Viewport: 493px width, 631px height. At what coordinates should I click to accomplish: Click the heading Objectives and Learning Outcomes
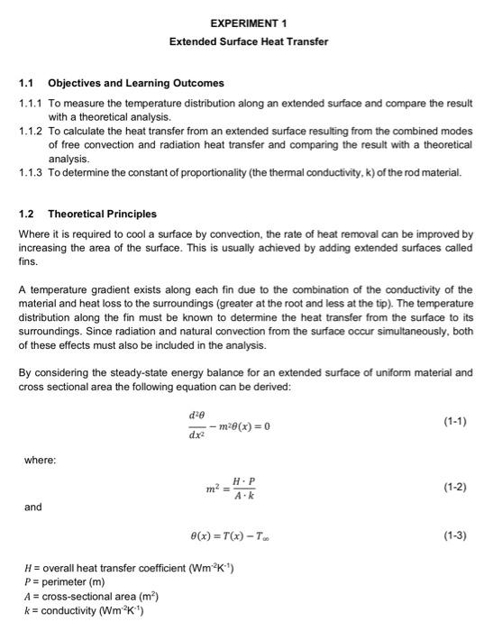(x=135, y=84)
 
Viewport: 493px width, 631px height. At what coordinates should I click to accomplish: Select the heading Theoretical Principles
(x=102, y=214)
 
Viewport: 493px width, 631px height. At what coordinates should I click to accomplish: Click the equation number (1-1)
(x=455, y=421)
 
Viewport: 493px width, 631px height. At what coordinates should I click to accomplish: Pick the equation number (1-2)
(x=455, y=487)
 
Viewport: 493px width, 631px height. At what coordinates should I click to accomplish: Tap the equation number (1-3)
(x=455, y=535)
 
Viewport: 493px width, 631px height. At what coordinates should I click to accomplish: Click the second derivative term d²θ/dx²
(x=196, y=425)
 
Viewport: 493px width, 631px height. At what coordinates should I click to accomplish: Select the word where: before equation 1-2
(x=41, y=460)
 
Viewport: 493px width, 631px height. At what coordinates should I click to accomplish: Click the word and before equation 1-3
(x=32, y=508)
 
